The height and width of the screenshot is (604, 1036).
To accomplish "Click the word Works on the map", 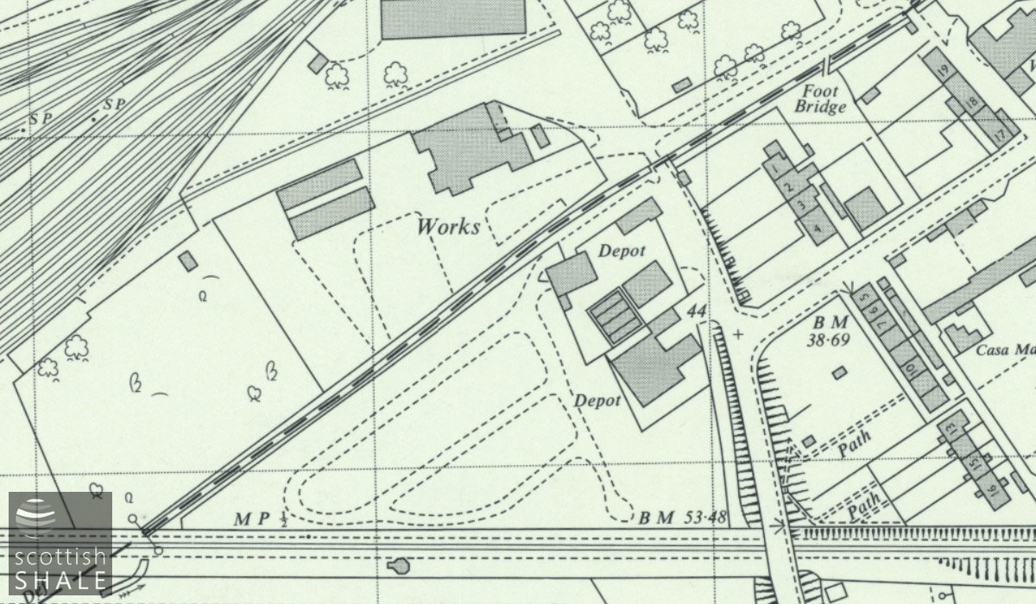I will coord(448,227).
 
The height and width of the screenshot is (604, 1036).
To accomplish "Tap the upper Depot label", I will coord(622,250).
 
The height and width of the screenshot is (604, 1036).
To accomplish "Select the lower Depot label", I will coord(598,401).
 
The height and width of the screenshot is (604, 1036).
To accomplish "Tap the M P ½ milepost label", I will coord(260,519).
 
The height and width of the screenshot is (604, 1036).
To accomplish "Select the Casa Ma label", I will coord(1006,350).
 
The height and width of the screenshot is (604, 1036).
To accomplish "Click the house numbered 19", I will coord(942,70).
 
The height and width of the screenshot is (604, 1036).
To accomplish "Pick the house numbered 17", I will coord(1001,135).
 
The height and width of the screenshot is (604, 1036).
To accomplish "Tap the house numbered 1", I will coord(775,167).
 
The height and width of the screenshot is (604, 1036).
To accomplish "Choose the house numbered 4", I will coord(816,227).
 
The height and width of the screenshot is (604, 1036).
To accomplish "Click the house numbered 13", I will coord(951,427).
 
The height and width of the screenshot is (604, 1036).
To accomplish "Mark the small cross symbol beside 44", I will coord(737,333).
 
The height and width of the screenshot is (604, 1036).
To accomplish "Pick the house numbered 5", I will coord(865,300).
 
